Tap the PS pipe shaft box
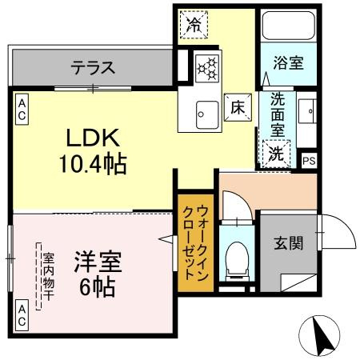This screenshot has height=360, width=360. (309, 159)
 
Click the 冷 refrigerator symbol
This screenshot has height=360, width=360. (194, 24)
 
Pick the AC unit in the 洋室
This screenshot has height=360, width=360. (22, 316)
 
